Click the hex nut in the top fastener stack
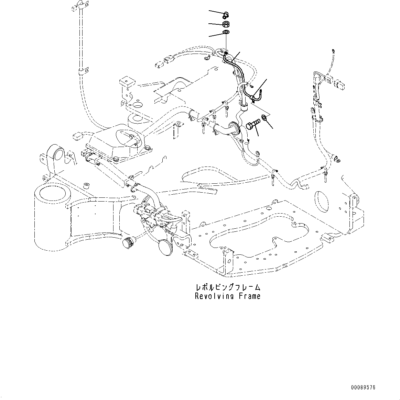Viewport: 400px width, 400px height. (x=226, y=24)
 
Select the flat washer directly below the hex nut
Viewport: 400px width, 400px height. (x=226, y=32)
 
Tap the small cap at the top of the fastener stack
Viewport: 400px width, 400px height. (x=226, y=14)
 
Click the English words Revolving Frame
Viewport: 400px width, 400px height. (x=227, y=296)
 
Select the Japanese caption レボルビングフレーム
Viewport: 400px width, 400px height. (x=227, y=287)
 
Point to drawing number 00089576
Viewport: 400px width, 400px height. (x=363, y=388)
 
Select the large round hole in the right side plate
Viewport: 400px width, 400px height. (x=324, y=198)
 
